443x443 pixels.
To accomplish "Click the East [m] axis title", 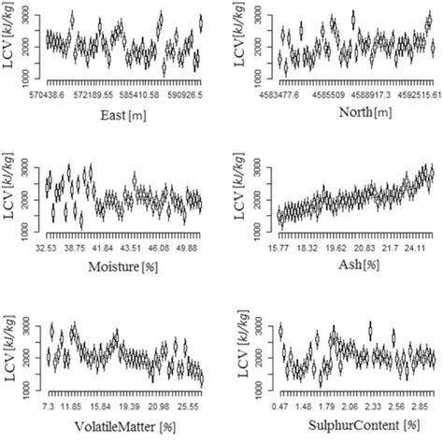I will pyautogui.click(x=124, y=119).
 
